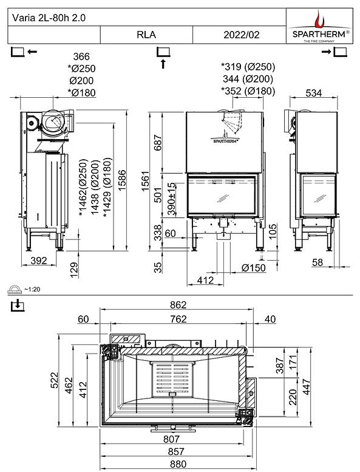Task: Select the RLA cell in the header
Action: point(146,35)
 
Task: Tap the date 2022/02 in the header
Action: point(242,35)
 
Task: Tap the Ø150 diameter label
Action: point(253,268)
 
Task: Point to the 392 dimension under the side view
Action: point(38,261)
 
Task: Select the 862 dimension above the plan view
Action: point(177,305)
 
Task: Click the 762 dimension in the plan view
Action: point(177,319)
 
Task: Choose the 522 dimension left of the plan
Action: point(54,381)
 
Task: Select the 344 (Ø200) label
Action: point(248,79)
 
